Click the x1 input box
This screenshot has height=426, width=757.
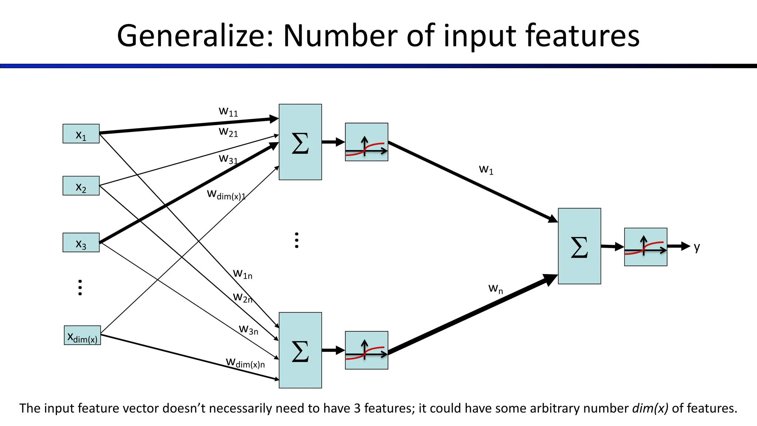click(81, 134)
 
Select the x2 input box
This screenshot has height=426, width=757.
click(81, 186)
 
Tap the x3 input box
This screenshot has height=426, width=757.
click(81, 243)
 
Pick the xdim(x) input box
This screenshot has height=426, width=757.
click(82, 335)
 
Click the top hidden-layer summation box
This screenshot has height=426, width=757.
click(300, 142)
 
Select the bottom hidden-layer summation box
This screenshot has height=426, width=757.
click(300, 350)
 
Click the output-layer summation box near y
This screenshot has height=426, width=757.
click(579, 246)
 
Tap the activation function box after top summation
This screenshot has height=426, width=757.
click(366, 142)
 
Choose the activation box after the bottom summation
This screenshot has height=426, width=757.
click(366, 350)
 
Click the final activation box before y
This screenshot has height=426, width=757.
click(645, 247)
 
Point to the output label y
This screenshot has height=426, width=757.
click(697, 247)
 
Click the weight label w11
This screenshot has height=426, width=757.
click(228, 111)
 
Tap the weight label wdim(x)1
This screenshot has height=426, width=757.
click(226, 195)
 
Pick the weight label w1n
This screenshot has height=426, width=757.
click(242, 274)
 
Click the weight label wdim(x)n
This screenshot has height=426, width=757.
click(245, 363)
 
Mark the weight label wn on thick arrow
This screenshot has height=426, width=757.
click(495, 288)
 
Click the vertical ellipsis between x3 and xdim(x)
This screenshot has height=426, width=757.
click(80, 288)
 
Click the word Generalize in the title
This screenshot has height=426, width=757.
click(195, 36)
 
